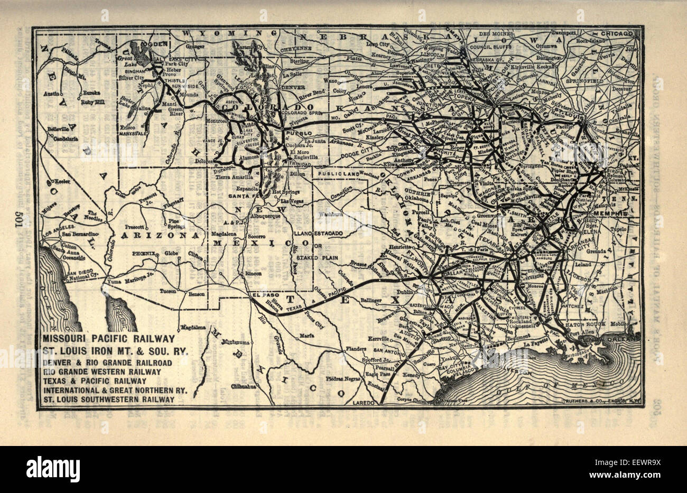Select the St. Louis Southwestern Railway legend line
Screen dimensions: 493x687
pyautogui.click(x=109, y=399)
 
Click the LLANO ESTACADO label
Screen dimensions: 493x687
pyautogui.click(x=317, y=233)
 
